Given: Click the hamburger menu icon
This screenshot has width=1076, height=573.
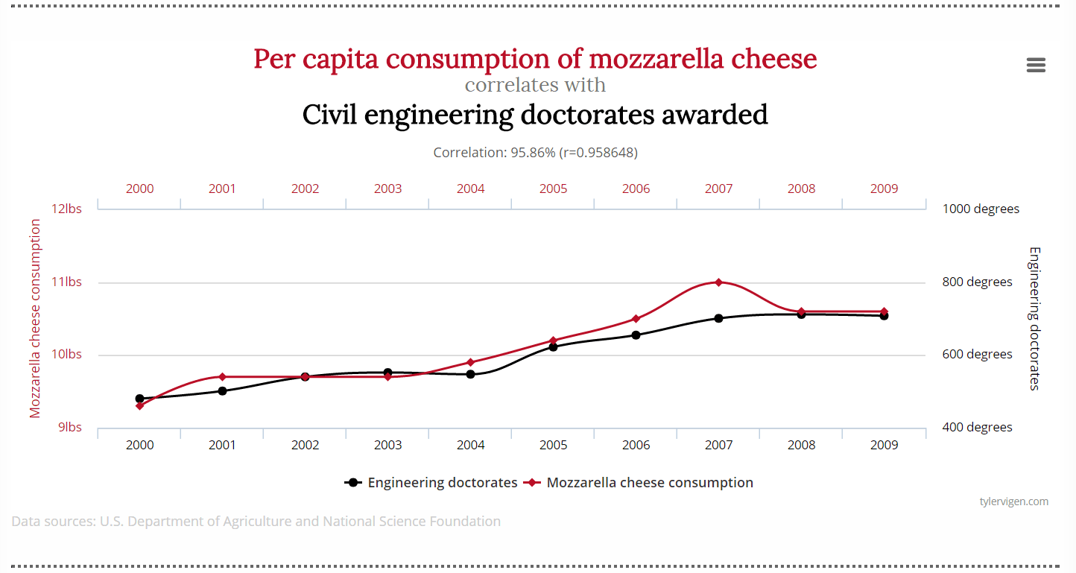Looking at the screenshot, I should pos(1036,65).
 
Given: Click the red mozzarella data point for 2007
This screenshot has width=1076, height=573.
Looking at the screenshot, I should pos(718,282).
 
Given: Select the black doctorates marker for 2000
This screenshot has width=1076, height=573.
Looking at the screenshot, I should pos(139,399).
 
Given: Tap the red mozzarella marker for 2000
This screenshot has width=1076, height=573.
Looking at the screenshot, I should pos(139,406).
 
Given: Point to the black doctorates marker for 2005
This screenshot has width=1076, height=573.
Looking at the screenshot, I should pos(553,346).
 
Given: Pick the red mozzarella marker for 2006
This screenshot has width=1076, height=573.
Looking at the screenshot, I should pos(636,319).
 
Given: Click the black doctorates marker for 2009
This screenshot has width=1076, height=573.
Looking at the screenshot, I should pos(884,316).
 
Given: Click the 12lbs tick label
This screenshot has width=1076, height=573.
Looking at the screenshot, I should pos(66,209).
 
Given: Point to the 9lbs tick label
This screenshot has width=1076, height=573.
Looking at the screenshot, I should pos(69,428).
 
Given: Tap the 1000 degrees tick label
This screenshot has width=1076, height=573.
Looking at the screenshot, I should pos(981,209).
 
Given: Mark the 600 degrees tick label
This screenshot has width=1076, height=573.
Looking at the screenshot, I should pos(978,355).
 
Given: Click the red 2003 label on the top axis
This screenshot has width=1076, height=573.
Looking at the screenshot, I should pos(387,189).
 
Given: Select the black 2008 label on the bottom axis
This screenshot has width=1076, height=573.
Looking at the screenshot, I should pos(801,445).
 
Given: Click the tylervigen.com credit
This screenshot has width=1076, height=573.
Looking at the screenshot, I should pos(1013,501).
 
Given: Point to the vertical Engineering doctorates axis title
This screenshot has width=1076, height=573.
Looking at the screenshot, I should pos(1034,318).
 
